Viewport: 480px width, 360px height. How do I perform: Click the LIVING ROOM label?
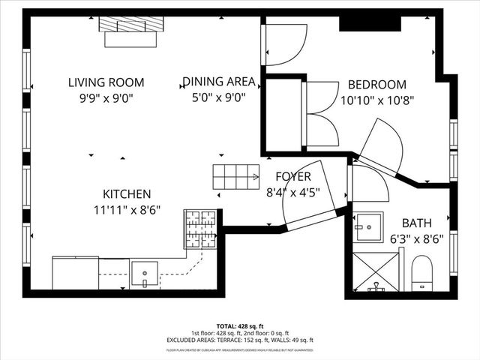pyautogui.click(x=106, y=82)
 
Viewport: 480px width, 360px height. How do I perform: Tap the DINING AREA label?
pyautogui.click(x=219, y=82)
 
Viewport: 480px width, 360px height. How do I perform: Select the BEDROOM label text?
pyautogui.click(x=377, y=85)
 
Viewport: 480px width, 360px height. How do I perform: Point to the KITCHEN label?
pyautogui.click(x=127, y=194)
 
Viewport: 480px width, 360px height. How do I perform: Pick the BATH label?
pyautogui.click(x=417, y=223)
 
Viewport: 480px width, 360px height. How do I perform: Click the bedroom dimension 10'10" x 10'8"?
pyautogui.click(x=377, y=99)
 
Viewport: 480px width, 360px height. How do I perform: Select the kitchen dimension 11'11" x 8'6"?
pyautogui.click(x=127, y=209)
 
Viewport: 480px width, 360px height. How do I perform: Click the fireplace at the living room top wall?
pyautogui.click(x=130, y=31)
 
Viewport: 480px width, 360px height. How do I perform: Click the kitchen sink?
pyautogui.click(x=144, y=273)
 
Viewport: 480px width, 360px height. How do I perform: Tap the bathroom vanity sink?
pyautogui.click(x=368, y=226)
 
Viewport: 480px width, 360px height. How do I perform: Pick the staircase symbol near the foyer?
pyautogui.click(x=235, y=177)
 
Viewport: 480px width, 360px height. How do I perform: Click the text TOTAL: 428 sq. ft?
pyautogui.click(x=240, y=326)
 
